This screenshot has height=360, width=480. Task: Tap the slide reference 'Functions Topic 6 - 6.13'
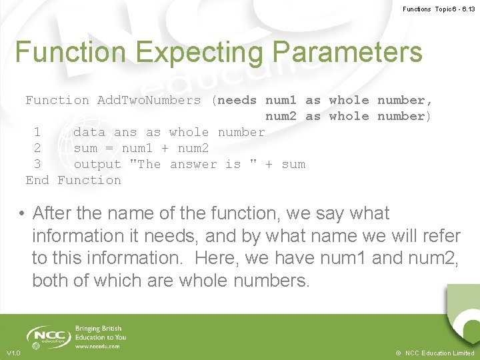(438, 9)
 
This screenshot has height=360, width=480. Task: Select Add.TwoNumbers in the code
(149, 101)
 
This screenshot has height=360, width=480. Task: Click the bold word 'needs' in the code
(237, 101)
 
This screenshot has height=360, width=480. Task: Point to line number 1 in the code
(37, 133)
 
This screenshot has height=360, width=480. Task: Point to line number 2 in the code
(37, 149)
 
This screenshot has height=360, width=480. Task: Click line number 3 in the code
(37, 165)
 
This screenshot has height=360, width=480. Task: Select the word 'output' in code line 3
(97, 165)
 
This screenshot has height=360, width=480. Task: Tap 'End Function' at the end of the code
(73, 181)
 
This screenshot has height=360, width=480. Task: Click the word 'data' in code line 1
(89, 133)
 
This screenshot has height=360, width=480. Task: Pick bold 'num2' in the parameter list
(281, 117)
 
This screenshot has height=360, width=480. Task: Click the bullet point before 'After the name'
(22, 214)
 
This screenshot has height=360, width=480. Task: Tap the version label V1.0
(13, 353)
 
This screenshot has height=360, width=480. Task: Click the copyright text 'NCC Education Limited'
(439, 353)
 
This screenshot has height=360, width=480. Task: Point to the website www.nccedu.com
(97, 347)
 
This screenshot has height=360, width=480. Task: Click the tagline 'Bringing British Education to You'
(100, 333)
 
